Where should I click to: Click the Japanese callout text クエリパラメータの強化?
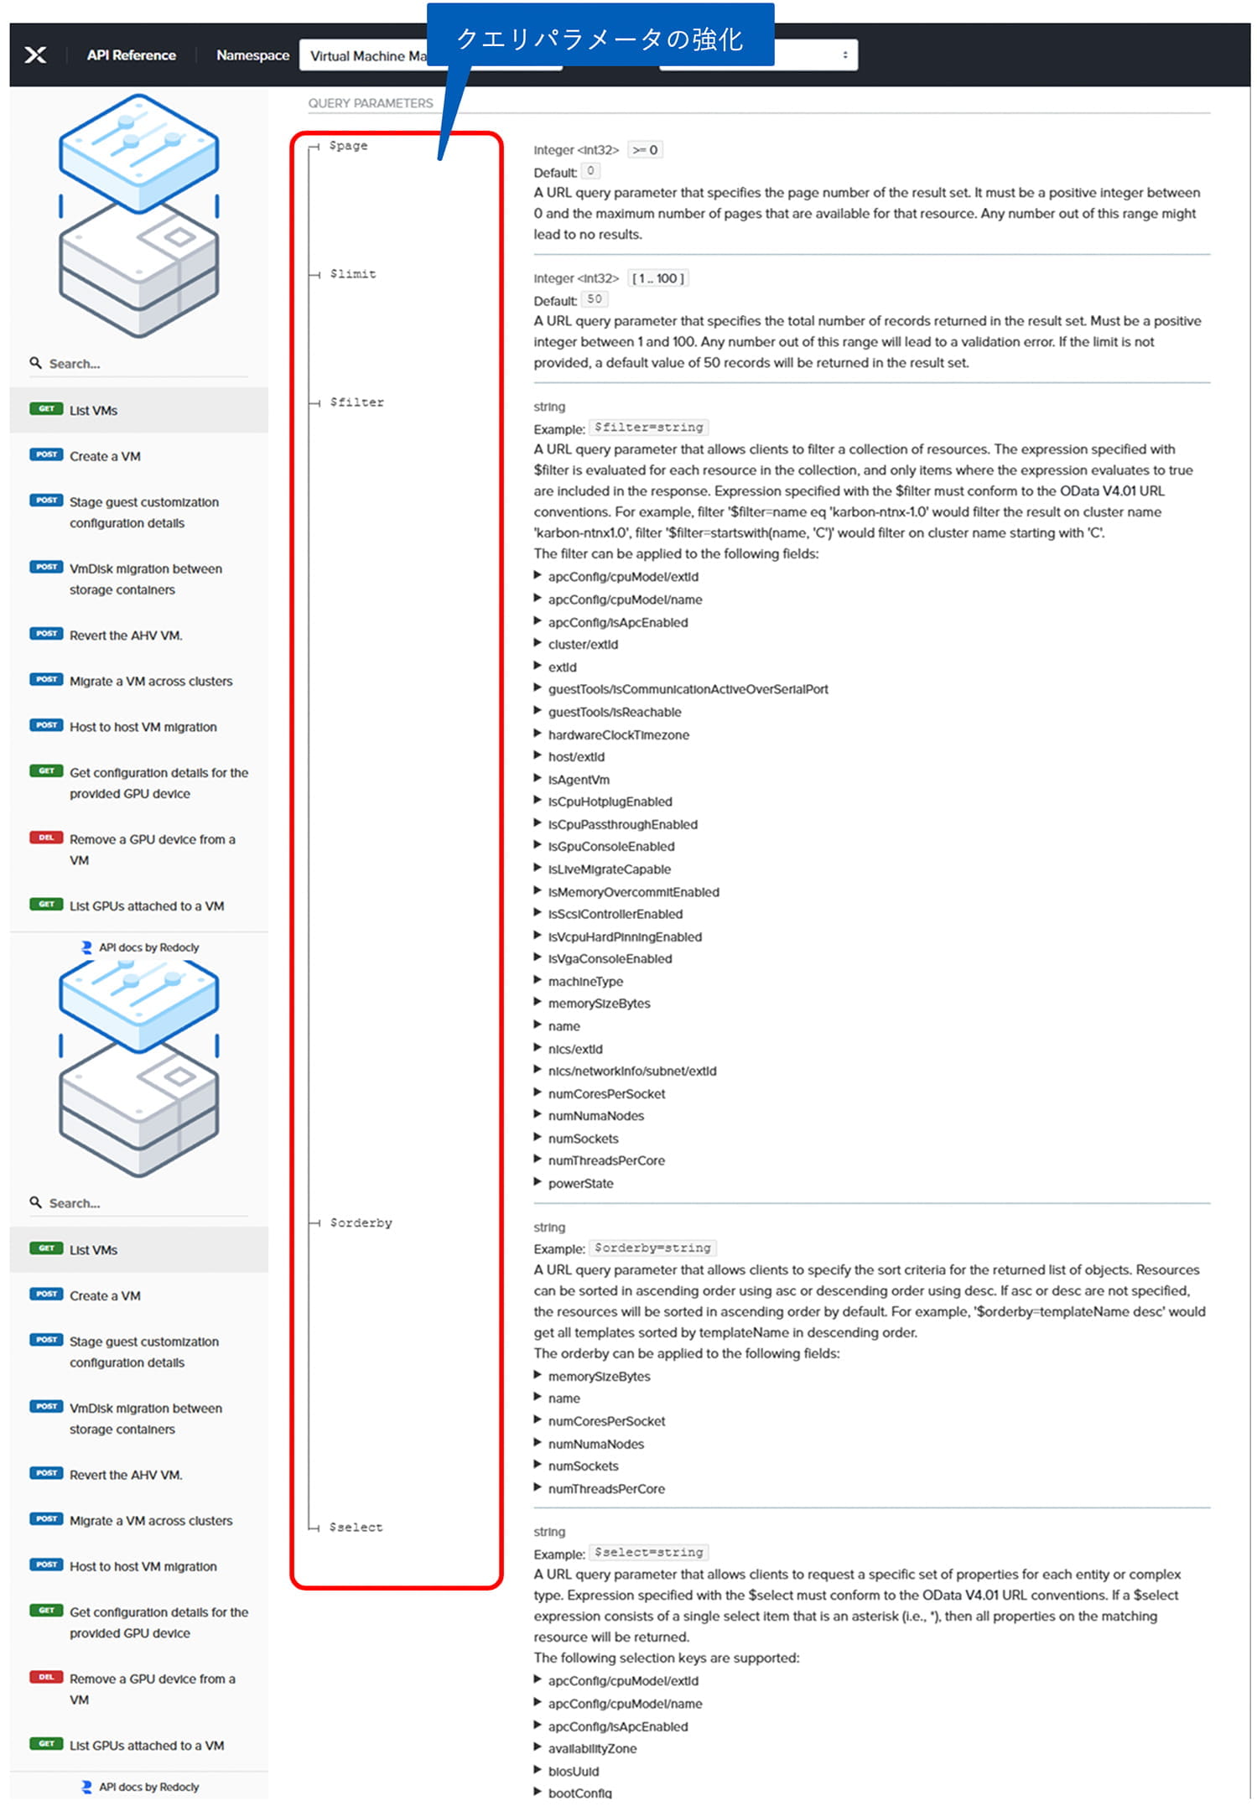click(600, 39)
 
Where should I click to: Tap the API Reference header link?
click(132, 55)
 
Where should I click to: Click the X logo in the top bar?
click(35, 55)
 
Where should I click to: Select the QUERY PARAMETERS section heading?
click(370, 103)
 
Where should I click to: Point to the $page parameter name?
click(349, 146)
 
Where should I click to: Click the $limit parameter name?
click(353, 274)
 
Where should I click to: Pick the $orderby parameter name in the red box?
click(361, 1223)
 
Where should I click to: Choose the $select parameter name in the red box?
click(356, 1528)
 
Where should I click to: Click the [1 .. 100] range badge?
click(658, 278)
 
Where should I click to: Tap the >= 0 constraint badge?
click(645, 150)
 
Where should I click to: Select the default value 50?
click(595, 299)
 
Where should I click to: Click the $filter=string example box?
click(648, 428)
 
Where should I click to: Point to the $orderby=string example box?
click(652, 1248)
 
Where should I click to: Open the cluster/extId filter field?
click(583, 645)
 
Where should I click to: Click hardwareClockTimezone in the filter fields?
click(618, 735)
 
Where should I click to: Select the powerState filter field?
click(580, 1184)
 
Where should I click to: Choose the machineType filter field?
click(585, 982)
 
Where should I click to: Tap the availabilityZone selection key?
click(592, 1749)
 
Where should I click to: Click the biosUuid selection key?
click(574, 1772)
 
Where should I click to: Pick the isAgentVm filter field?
click(579, 780)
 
